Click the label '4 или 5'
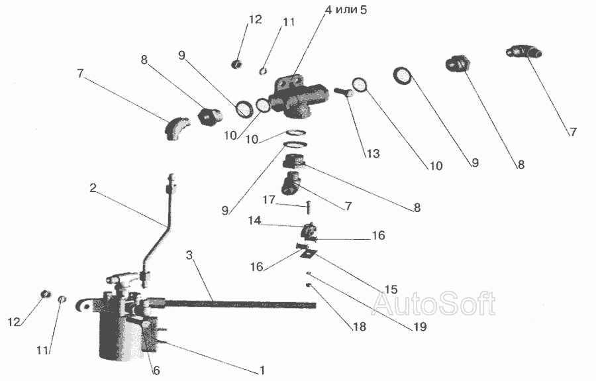point(346,10)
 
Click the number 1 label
point(262,370)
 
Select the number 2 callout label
point(93,188)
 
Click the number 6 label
point(156,370)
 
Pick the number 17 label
point(269,199)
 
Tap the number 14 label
point(255,221)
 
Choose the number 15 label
point(391,290)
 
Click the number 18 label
point(359,326)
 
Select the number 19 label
point(420,326)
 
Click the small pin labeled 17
point(308,207)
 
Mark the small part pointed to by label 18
point(309,285)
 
